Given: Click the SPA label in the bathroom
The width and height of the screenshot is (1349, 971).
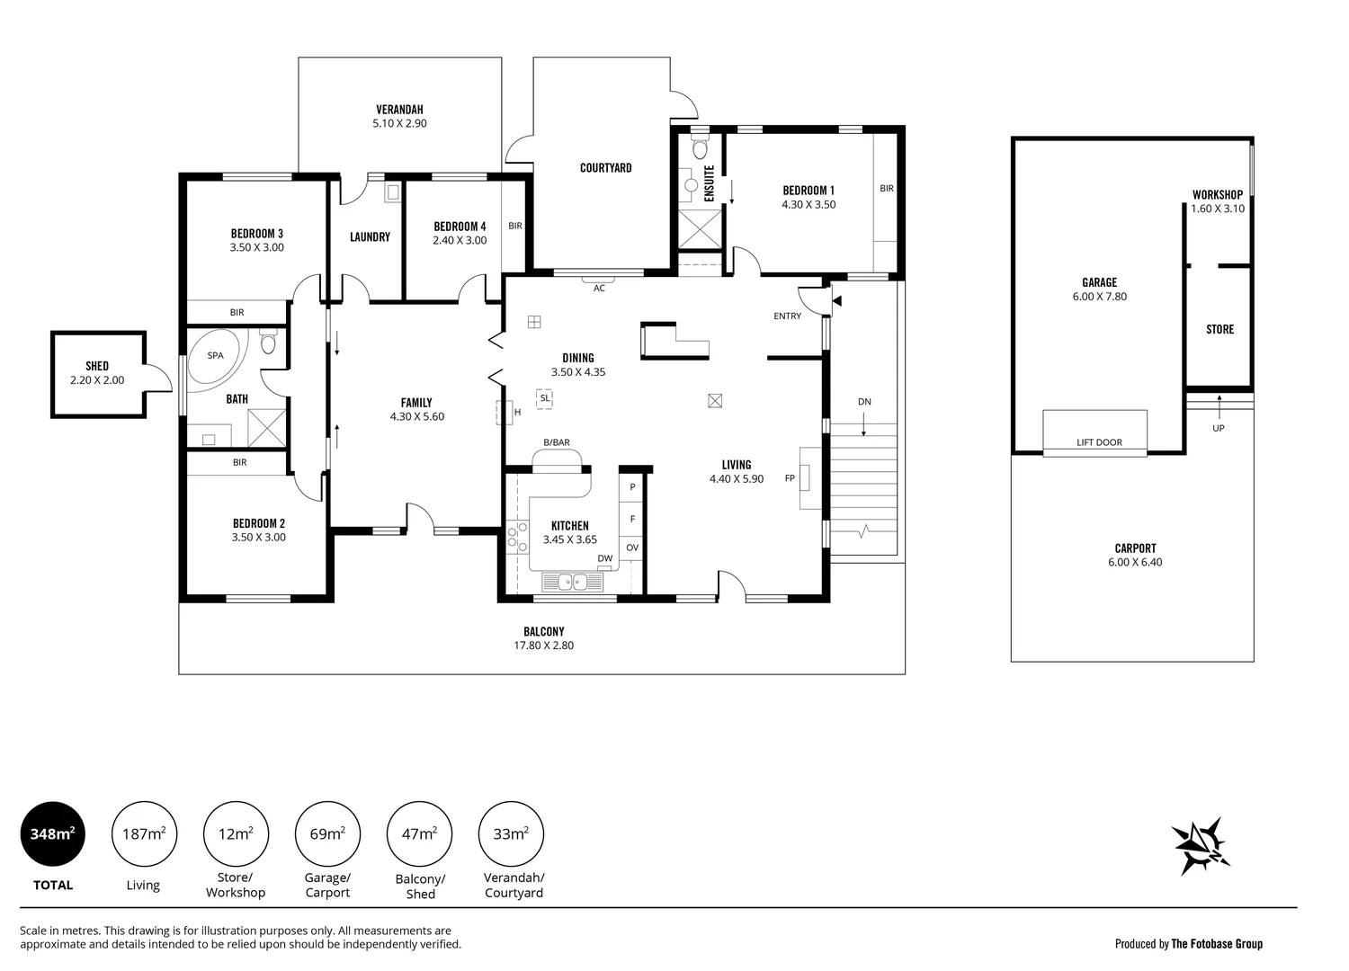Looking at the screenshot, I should (215, 355).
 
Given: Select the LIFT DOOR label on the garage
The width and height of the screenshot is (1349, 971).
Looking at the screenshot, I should (1099, 442).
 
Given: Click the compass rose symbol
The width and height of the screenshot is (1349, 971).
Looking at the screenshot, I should (1202, 846).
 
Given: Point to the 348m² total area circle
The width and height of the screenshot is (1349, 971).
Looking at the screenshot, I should (53, 834).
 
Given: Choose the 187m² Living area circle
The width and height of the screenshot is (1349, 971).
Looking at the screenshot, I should (144, 834).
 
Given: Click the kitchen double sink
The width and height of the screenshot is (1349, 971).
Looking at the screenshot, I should (573, 583).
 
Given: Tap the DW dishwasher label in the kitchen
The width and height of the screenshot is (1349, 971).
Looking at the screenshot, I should (604, 558).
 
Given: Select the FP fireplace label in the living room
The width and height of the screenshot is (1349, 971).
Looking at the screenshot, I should (790, 478).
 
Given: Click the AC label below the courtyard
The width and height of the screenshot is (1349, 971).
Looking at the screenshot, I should (599, 288).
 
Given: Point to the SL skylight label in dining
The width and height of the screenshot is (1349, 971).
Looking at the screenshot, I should (545, 397).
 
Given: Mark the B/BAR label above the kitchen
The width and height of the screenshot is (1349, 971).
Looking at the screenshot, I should (557, 442).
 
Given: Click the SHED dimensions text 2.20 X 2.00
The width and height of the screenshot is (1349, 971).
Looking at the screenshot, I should (97, 380).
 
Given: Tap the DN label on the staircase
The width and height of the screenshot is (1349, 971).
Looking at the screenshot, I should (864, 402).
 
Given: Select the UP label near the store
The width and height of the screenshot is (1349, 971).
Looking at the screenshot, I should (1218, 428).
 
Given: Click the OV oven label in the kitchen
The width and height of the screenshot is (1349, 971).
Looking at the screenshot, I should (632, 548).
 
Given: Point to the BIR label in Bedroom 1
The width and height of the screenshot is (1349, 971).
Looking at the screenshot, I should (887, 189).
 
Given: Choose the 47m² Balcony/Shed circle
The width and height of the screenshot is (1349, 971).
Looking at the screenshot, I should (419, 834).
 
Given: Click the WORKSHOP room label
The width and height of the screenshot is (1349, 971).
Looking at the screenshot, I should (1218, 194).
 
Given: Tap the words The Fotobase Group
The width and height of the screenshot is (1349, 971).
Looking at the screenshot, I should (1217, 943).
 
